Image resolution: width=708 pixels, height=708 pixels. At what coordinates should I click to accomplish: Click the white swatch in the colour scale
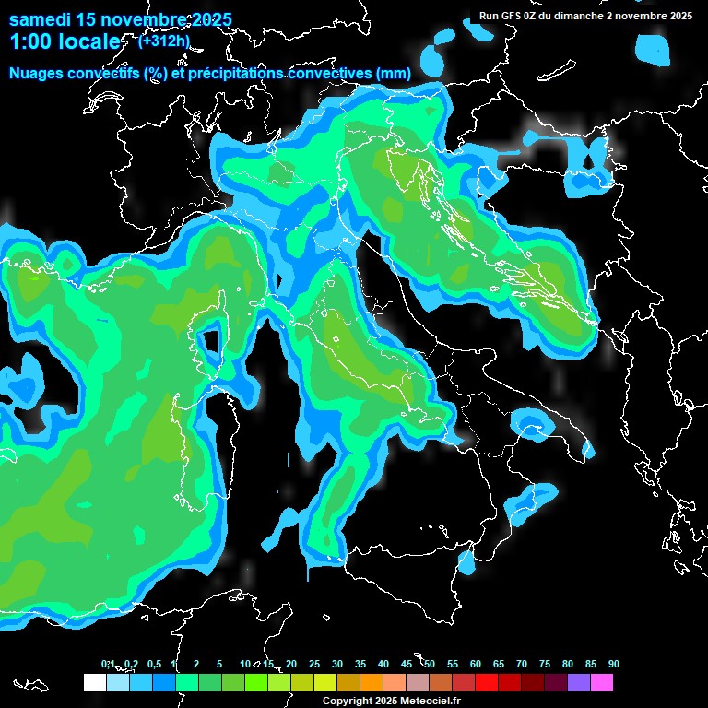pos(94,682)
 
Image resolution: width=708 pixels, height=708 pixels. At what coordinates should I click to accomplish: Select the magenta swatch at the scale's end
pos(602,682)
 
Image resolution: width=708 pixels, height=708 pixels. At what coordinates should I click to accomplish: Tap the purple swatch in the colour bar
pos(579,682)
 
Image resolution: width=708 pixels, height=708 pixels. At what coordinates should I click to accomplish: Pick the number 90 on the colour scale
pos(614,664)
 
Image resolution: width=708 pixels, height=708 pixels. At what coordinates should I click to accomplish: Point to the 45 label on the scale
pos(407,664)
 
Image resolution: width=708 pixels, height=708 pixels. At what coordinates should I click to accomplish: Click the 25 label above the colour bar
pos(314,664)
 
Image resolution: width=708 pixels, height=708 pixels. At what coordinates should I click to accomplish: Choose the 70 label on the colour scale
pos(522,664)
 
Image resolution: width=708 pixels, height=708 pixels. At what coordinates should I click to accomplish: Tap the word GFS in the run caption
pos(512,16)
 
